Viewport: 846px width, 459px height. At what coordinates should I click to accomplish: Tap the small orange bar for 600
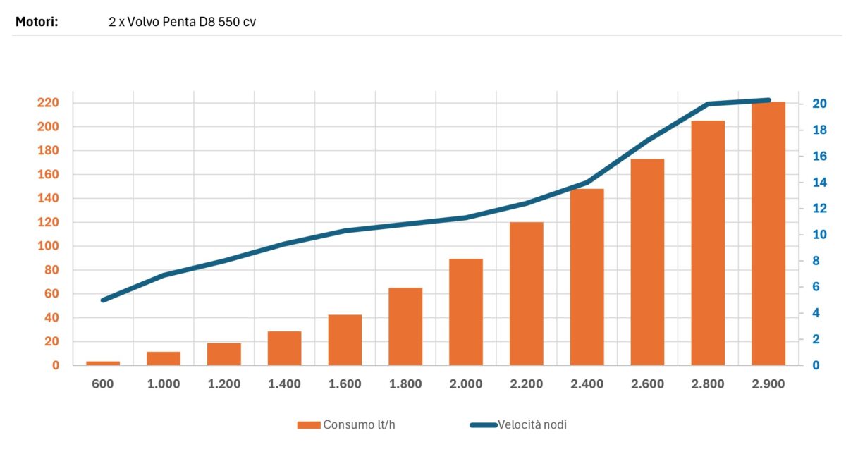click(103, 363)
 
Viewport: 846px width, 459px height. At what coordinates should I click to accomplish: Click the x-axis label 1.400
click(284, 384)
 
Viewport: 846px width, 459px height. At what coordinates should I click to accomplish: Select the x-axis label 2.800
click(708, 384)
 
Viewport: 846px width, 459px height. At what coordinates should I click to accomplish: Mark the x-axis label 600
click(103, 384)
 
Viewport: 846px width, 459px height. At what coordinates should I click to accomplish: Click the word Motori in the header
click(36, 21)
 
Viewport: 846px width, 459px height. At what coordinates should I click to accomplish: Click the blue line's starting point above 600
click(104, 300)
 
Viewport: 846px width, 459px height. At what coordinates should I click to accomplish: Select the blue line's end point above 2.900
click(768, 100)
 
